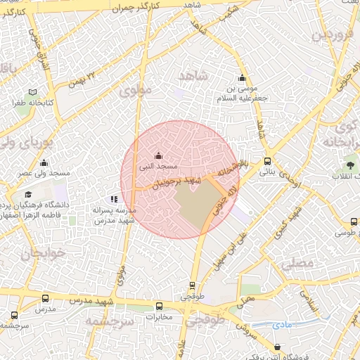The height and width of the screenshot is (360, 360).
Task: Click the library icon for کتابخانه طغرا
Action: pyautogui.click(x=33, y=92)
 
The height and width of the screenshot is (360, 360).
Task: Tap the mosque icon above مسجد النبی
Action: pyautogui.click(x=158, y=156)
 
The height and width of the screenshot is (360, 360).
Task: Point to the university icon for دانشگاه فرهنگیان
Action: pyautogui.click(x=28, y=195)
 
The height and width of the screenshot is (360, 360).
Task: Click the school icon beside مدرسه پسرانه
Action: pyautogui.click(x=114, y=200)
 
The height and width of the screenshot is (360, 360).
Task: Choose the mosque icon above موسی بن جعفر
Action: pyautogui.click(x=243, y=78)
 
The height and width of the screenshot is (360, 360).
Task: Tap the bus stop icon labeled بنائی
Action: pyautogui.click(x=266, y=161)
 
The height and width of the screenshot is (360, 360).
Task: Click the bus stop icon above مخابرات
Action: pyautogui.click(x=160, y=307)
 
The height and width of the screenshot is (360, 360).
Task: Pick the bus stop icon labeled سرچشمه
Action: pyautogui.click(x=14, y=316)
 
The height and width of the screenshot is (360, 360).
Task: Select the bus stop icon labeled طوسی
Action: pyautogui.click(x=353, y=221)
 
